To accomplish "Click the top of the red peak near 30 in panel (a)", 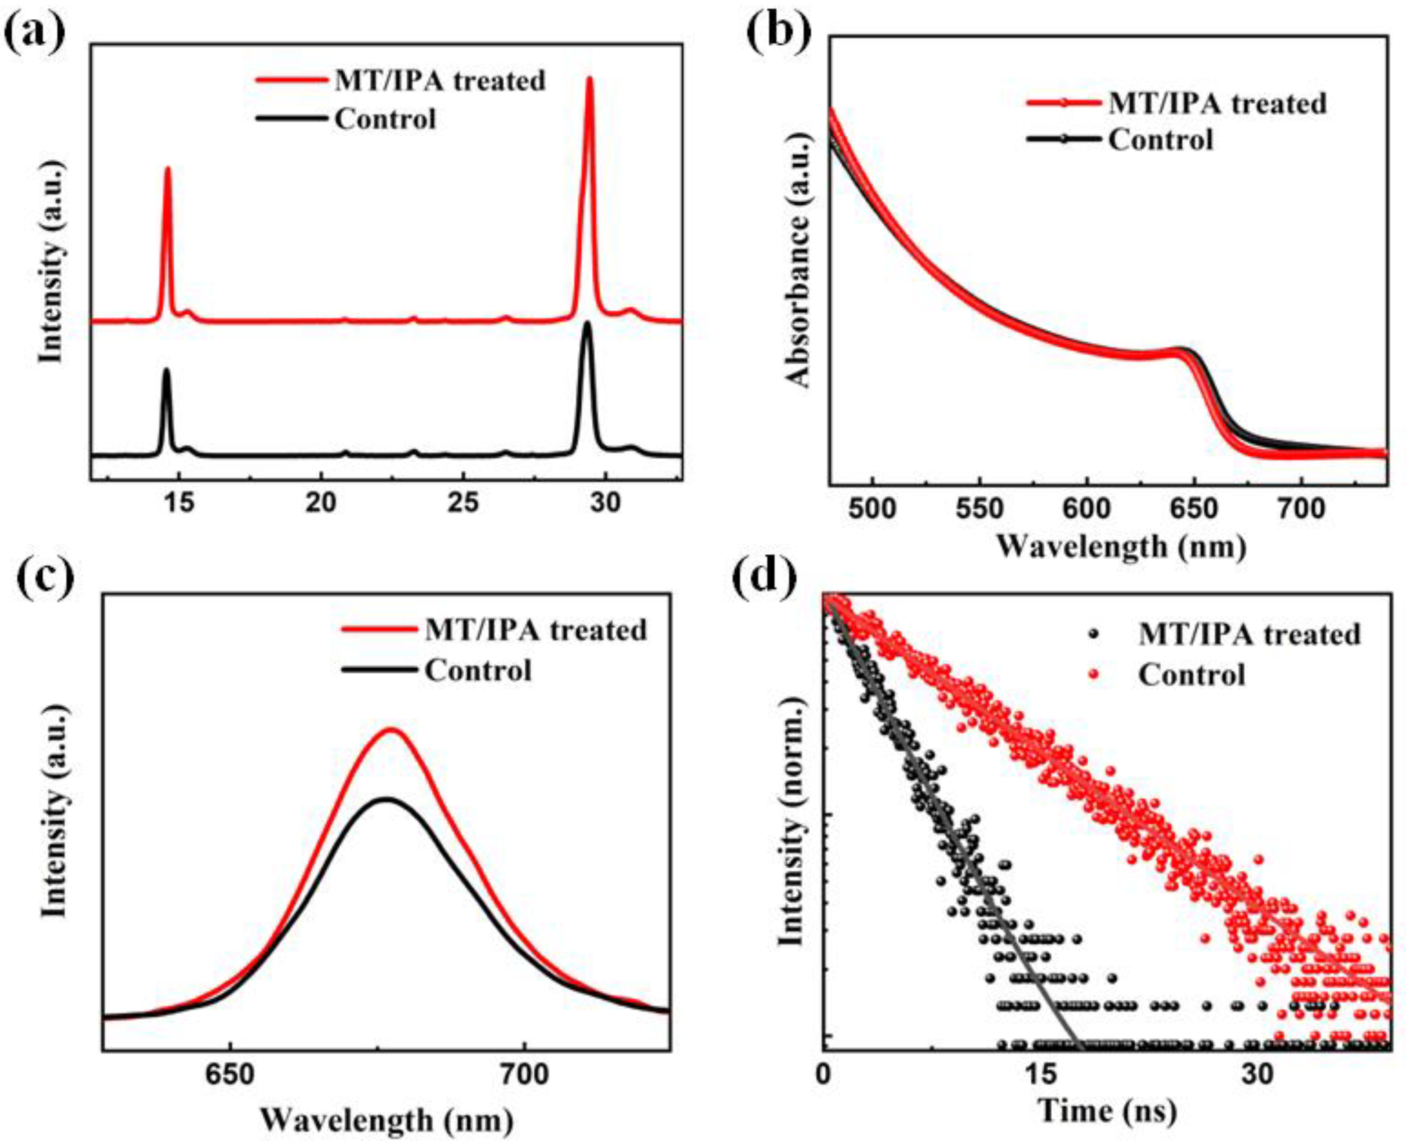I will pos(589,79).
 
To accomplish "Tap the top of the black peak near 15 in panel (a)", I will pos(166,371).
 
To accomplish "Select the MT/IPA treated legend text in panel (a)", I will pos(440,81).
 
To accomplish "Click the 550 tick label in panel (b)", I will pos(980,509).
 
